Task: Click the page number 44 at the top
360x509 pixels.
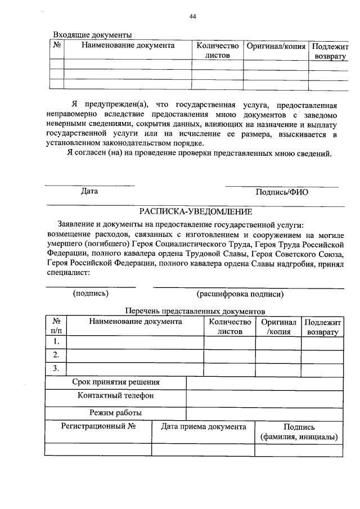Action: (x=192, y=17)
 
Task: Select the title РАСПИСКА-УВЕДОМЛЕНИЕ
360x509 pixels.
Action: (x=196, y=212)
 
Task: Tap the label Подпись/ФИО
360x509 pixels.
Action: (x=281, y=192)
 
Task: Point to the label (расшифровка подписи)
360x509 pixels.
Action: (x=240, y=294)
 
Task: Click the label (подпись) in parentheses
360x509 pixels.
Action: (x=91, y=293)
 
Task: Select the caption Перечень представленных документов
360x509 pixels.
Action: (x=194, y=311)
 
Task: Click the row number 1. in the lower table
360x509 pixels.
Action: (x=56, y=342)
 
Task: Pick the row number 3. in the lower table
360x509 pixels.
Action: (x=56, y=369)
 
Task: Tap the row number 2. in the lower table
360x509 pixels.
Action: (x=56, y=355)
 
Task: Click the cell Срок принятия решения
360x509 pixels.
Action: (x=115, y=382)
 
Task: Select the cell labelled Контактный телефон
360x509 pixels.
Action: (x=115, y=396)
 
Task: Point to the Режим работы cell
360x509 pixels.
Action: (x=115, y=413)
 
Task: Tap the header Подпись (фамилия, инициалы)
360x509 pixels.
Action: (x=299, y=432)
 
